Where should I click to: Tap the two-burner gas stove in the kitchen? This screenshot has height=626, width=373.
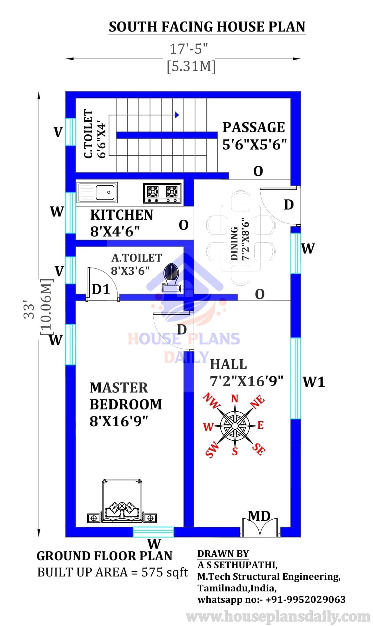162,193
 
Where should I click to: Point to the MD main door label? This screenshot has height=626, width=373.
259,516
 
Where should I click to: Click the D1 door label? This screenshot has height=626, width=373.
101,289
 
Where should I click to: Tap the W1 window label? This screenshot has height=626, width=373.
314,382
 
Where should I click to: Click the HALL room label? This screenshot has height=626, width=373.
229,364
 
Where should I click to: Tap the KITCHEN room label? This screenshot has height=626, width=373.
122,215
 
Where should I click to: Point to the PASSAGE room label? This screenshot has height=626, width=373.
254,127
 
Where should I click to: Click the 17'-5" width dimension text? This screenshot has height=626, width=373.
189,49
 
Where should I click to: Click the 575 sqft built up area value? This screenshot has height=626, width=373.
164,572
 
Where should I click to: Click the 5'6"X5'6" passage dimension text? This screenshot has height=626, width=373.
255,144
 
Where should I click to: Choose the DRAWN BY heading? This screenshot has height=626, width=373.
223,553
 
